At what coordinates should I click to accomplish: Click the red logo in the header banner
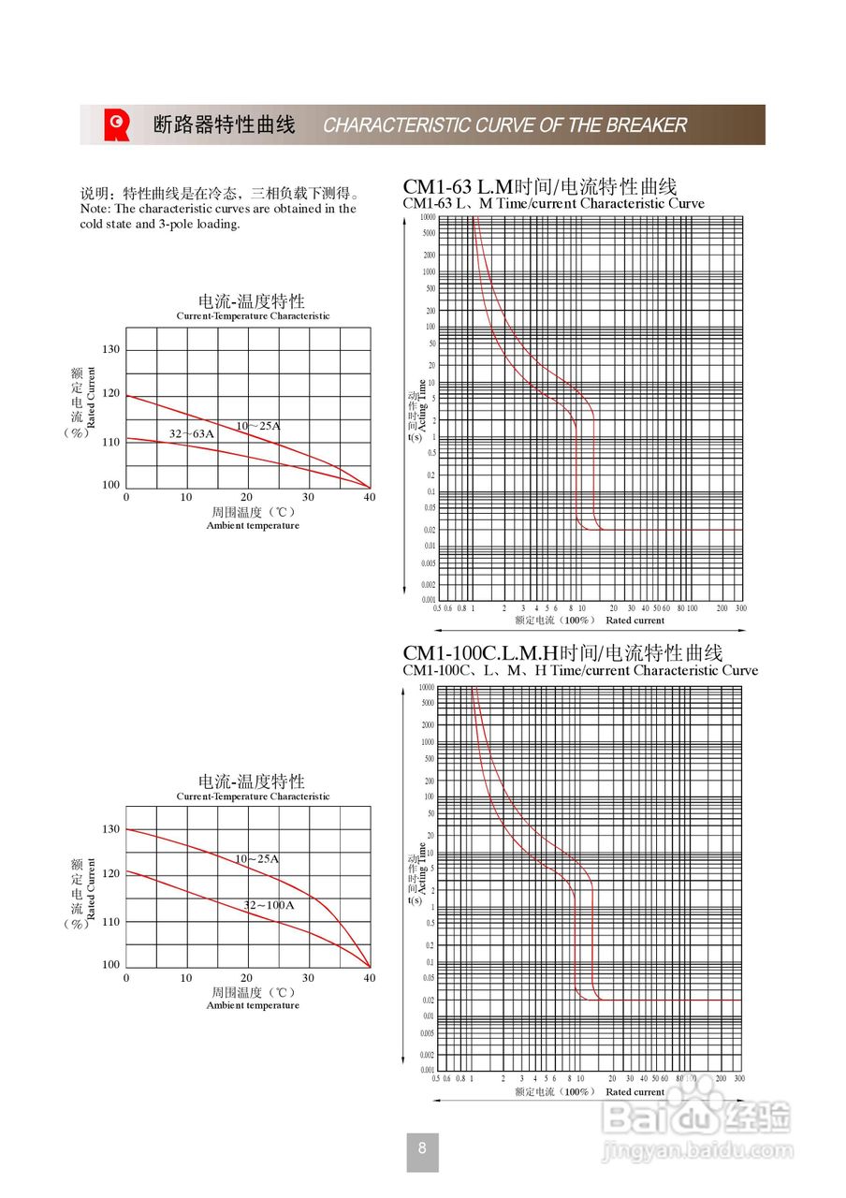(117, 124)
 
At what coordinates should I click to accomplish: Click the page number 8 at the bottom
(422, 1148)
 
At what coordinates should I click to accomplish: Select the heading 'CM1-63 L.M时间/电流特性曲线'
(540, 185)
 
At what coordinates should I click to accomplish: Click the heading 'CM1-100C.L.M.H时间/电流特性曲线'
(562, 652)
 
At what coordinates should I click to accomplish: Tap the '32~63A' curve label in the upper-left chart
(192, 434)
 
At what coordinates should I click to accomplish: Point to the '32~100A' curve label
(269, 905)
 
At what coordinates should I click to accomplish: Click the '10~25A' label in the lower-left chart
(256, 858)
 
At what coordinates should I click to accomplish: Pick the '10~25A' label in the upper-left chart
(257, 426)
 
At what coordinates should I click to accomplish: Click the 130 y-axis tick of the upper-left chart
(111, 349)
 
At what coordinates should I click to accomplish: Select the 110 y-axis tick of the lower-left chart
(111, 922)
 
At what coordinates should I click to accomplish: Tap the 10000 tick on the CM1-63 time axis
(427, 217)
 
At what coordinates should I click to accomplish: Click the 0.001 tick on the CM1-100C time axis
(427, 1070)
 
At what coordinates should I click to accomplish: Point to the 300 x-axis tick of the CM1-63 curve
(740, 608)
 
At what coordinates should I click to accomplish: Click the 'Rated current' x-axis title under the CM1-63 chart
(634, 621)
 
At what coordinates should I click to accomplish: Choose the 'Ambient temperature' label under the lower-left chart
(253, 1005)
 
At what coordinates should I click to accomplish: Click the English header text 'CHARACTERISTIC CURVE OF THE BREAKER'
(505, 125)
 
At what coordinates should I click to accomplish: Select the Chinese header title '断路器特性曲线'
(224, 124)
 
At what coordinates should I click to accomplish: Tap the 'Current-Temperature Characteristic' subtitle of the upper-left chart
(253, 316)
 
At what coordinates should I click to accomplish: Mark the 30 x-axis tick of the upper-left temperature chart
(308, 498)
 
